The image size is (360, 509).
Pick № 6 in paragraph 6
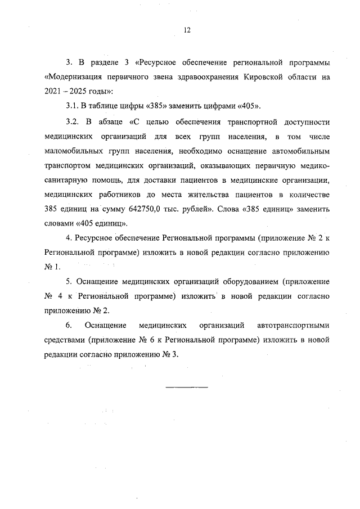point(137,340)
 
